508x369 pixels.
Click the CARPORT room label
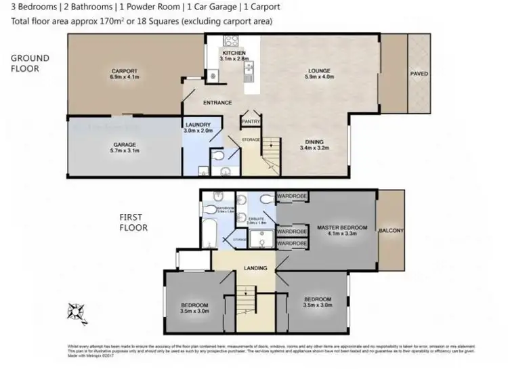(125, 70)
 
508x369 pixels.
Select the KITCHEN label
(235, 53)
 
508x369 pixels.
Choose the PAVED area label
(419, 73)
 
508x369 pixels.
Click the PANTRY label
(251, 123)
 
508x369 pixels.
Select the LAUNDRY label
(198, 125)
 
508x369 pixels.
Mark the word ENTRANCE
(217, 103)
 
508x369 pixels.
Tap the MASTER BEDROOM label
(342, 227)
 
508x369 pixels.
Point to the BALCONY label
(391, 231)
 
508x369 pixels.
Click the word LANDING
(256, 268)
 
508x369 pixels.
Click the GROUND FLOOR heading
(29, 64)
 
